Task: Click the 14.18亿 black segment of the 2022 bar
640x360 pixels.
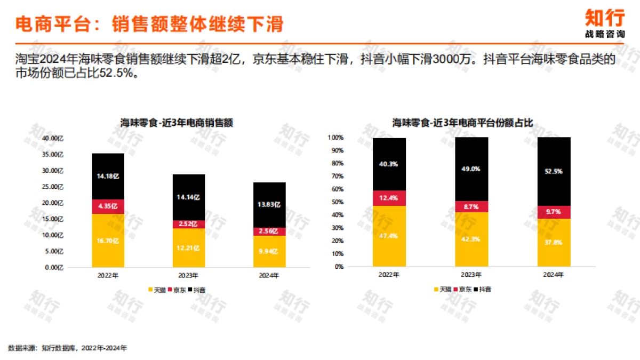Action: click(108, 176)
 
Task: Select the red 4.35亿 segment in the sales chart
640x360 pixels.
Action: click(108, 206)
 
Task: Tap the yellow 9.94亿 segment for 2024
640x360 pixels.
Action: click(269, 251)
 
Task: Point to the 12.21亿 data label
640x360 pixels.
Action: click(188, 248)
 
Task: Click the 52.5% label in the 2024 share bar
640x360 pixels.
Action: click(554, 172)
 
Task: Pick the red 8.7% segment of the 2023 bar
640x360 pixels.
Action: click(471, 206)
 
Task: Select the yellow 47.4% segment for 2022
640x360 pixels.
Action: click(389, 236)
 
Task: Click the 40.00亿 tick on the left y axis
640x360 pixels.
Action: click(53, 138)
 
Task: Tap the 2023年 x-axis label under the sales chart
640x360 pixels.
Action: click(188, 276)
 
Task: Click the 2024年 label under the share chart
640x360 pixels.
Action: click(554, 275)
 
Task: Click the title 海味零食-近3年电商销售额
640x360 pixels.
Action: click(177, 123)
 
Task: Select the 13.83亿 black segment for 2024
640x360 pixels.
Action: click(269, 205)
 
